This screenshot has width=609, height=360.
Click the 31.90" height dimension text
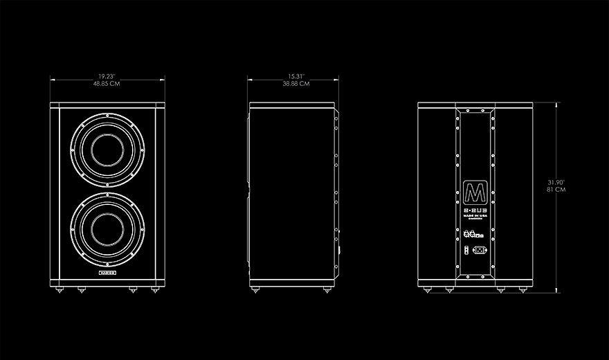pos(556,181)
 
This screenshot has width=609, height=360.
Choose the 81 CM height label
pos(556,189)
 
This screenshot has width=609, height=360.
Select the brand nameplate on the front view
pos(107,274)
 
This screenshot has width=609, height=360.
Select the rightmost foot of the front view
pos(154,289)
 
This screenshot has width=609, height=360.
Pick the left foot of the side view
pos(260,289)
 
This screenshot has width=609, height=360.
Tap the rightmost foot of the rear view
pos(522,289)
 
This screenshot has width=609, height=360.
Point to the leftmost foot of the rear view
pos(430,289)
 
